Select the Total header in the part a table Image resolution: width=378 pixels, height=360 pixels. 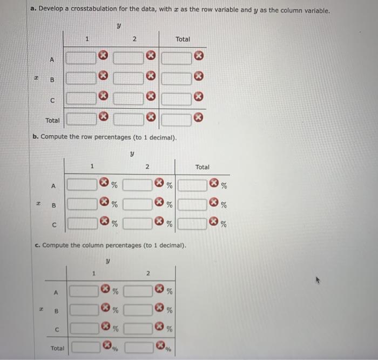coord(183,39)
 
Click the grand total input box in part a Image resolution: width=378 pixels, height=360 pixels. coord(177,117)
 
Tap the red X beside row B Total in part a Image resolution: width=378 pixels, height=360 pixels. coord(198,77)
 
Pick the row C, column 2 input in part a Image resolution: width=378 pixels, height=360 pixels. coord(129,98)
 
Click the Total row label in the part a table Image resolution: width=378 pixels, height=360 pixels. coord(52,120)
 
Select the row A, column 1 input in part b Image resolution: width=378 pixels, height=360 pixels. coord(83,185)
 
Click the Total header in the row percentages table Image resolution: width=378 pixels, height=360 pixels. coord(202,167)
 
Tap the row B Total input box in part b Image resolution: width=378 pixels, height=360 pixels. coord(193,204)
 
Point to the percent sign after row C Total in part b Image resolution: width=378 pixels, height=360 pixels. coord(224,224)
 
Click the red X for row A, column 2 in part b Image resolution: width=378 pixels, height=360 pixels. coord(160,184)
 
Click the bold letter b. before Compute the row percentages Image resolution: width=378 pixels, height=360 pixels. coord(36,137)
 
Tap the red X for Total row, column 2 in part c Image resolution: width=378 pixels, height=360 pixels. coord(160,345)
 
